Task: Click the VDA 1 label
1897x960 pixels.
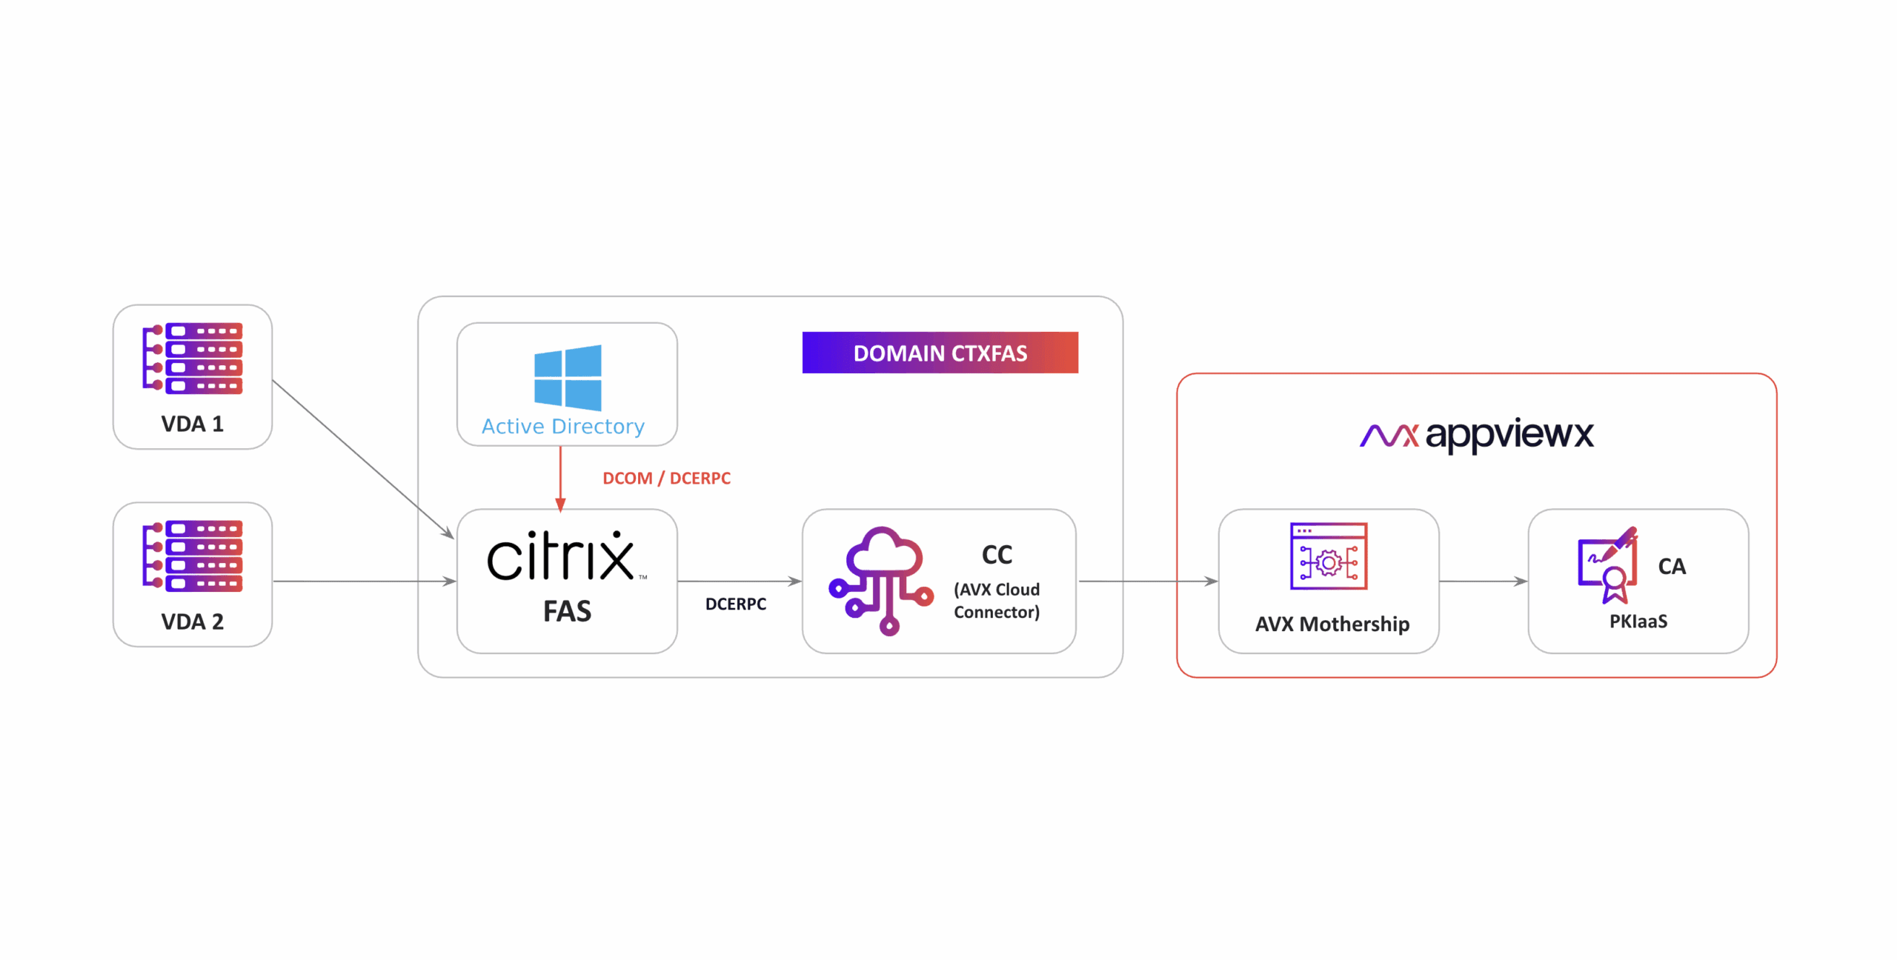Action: click(x=192, y=424)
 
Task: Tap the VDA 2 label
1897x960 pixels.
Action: click(x=192, y=621)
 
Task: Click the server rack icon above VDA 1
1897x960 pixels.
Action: click(x=193, y=358)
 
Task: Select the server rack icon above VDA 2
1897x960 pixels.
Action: click(x=193, y=556)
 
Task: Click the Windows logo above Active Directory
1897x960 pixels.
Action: click(x=568, y=377)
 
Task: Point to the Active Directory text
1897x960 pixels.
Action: click(x=563, y=427)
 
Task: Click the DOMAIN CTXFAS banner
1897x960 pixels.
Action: click(x=940, y=353)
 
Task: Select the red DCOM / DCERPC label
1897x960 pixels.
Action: click(x=666, y=479)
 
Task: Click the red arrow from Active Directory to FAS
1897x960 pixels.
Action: click(x=560, y=478)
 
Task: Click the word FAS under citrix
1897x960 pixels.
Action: click(x=567, y=611)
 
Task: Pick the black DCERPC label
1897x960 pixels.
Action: click(x=735, y=604)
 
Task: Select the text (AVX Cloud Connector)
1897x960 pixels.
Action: click(x=997, y=601)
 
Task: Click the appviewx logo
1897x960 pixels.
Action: click(x=1476, y=435)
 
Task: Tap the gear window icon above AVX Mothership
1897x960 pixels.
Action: click(x=1328, y=556)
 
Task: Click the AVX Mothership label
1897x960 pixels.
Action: click(x=1332, y=624)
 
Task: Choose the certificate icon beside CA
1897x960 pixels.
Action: click(x=1607, y=565)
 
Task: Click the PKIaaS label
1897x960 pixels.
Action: click(x=1638, y=621)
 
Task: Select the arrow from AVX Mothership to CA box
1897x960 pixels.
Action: click(x=1482, y=581)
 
